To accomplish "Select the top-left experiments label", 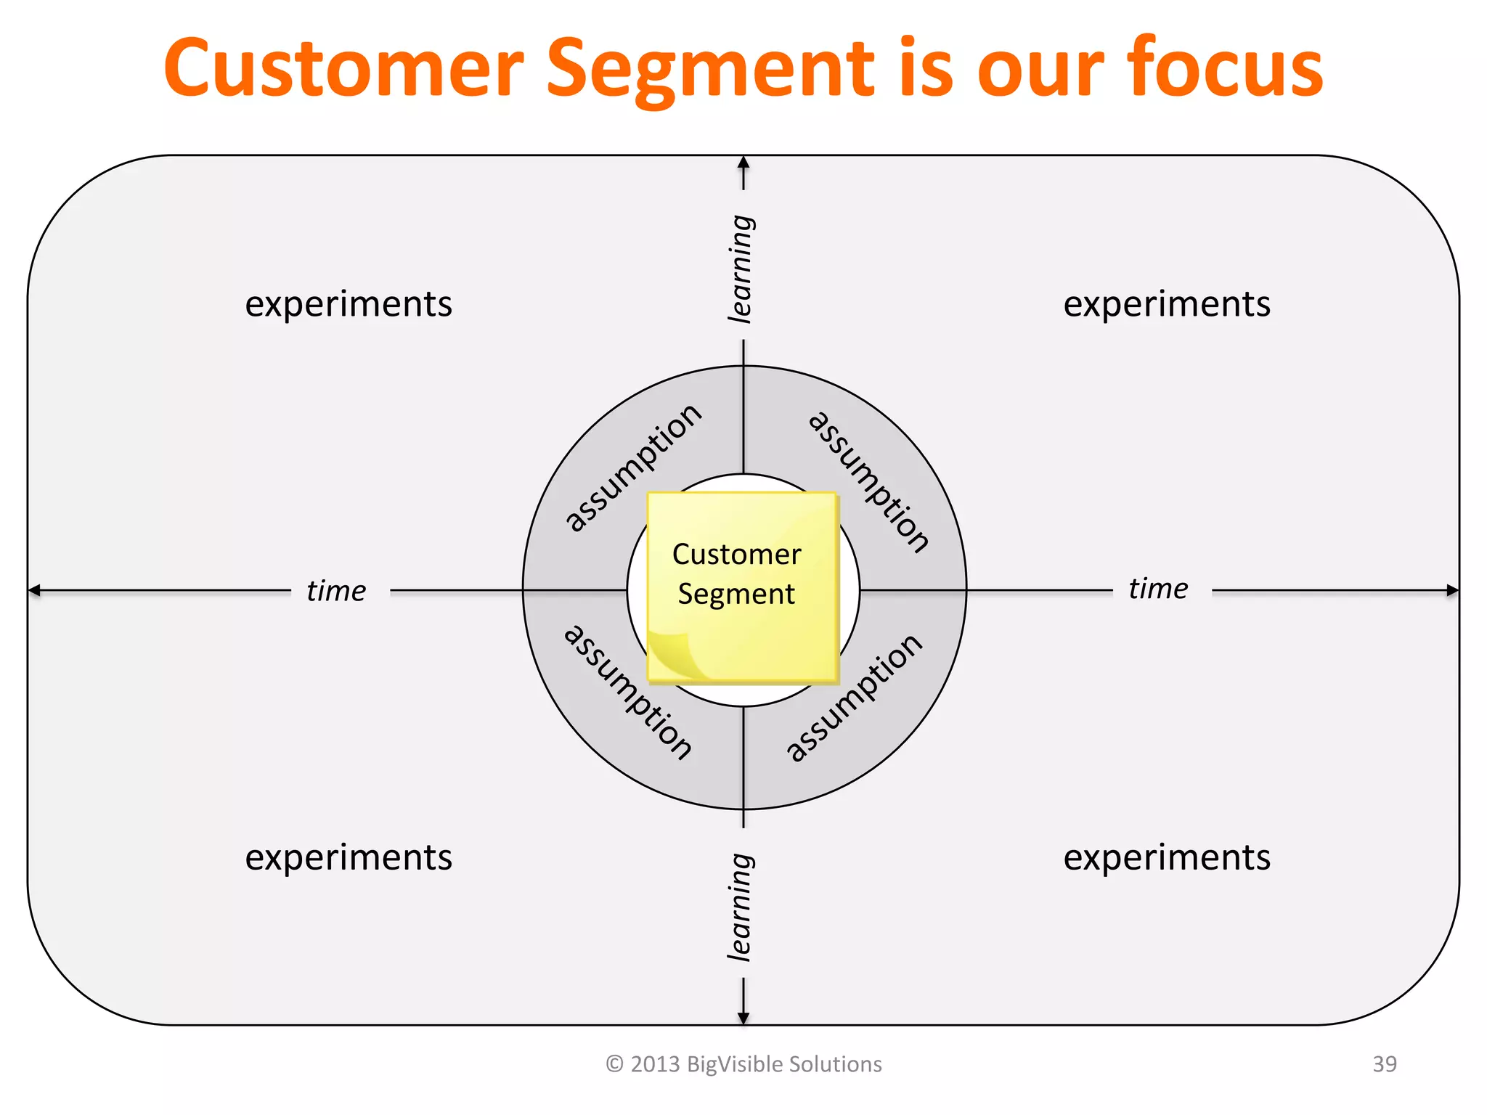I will coord(349,304).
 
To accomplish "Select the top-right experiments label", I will coord(1167,304).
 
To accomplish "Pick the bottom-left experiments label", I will coord(349,857).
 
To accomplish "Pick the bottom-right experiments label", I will coord(1167,857).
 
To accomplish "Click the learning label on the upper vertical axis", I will coord(741,269).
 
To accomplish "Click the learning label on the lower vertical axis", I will coord(741,907).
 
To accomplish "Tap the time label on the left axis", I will coord(336,591).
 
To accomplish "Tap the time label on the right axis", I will coord(1158,589).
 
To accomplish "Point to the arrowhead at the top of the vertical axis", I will coord(743,163).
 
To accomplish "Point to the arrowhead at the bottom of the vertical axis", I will coord(743,1018).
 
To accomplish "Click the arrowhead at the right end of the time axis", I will coord(1452,590).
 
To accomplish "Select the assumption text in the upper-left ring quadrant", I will coord(633,468).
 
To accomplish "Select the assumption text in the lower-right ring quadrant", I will coord(855,698).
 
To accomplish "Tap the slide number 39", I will coord(1384,1064).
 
